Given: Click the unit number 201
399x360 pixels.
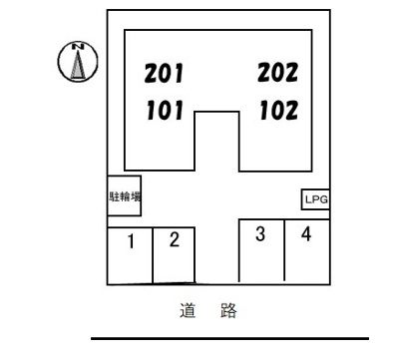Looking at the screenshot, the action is pyautogui.click(x=166, y=73).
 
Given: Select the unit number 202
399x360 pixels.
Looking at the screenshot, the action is pyautogui.click(x=278, y=73).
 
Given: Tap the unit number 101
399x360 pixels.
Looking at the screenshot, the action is pyautogui.click(x=166, y=110).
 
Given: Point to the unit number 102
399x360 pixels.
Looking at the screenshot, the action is pyautogui.click(x=278, y=110).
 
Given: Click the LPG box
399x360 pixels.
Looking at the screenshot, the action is pyautogui.click(x=315, y=200).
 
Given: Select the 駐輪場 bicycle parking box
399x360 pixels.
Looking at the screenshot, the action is pyautogui.click(x=124, y=196).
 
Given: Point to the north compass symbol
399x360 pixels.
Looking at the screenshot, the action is pyautogui.click(x=76, y=62).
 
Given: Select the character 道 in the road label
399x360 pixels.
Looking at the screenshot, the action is pyautogui.click(x=187, y=312).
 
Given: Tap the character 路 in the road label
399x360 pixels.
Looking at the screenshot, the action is pyautogui.click(x=228, y=312).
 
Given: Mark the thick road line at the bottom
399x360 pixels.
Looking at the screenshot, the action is pyautogui.click(x=229, y=339).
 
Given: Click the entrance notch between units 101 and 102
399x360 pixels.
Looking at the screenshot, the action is pyautogui.click(x=215, y=140).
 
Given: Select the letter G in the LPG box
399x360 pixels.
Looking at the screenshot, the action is pyautogui.click(x=322, y=200).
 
